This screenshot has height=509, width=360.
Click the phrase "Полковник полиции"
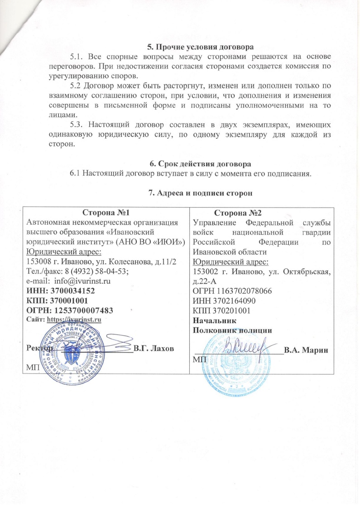[x=232, y=330]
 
